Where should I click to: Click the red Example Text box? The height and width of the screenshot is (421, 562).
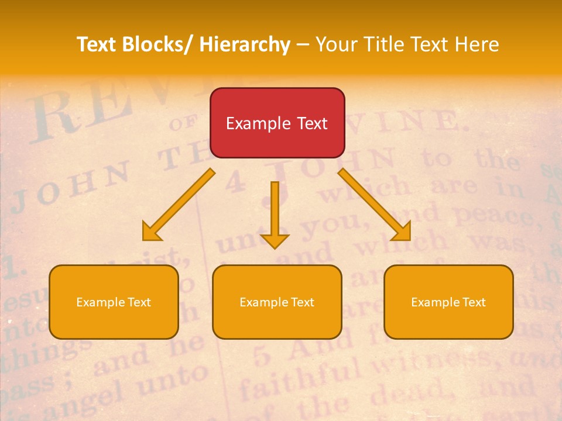pos(277,123)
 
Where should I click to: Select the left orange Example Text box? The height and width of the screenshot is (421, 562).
pos(114,302)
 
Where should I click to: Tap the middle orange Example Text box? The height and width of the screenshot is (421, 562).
pos(277,302)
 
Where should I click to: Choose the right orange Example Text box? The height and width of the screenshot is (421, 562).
pos(448,302)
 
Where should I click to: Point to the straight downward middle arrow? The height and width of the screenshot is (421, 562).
pos(275,210)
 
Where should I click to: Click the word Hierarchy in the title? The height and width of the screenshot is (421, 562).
pos(245,44)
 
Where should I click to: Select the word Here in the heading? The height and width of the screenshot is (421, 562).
pos(477,44)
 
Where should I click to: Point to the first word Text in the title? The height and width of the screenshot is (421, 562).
pos(97,44)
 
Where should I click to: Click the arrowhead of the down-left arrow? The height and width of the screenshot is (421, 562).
pos(151,232)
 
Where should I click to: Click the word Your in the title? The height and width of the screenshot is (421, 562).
pos(335,44)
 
